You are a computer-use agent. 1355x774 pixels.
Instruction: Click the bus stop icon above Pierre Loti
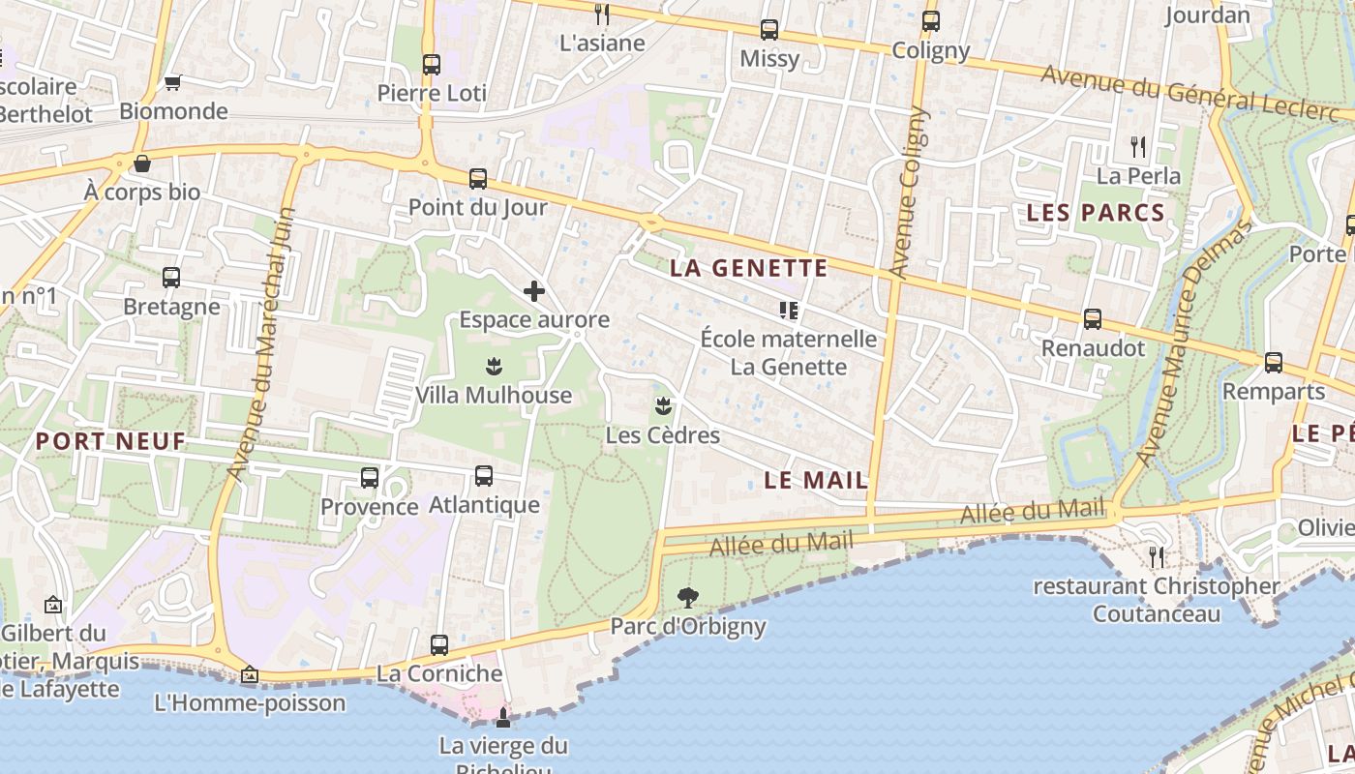[x=432, y=65]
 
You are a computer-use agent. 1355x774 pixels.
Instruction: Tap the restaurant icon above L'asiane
[x=602, y=14]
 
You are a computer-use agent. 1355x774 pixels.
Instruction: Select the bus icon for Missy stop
[x=769, y=30]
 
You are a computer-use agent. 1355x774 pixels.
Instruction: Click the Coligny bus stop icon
[x=931, y=21]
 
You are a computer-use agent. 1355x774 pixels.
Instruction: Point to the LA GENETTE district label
[x=749, y=268]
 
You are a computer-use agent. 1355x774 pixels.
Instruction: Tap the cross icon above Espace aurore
[x=534, y=290]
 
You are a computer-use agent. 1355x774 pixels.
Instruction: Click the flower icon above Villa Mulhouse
[x=494, y=367]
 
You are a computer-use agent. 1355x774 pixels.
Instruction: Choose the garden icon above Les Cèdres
[x=663, y=405]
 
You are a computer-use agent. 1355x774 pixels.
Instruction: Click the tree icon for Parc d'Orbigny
[x=688, y=597]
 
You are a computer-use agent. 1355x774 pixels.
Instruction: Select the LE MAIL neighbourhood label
[x=816, y=480]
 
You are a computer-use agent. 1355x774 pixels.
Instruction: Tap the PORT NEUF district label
[x=110, y=441]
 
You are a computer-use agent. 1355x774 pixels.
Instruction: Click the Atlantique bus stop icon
[x=484, y=476]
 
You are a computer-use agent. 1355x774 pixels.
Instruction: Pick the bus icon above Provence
[x=370, y=478]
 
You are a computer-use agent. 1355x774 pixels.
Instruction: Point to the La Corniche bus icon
[x=439, y=644]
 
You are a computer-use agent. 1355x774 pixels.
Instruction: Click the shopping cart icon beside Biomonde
[x=173, y=83]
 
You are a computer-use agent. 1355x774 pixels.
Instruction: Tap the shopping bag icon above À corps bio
[x=142, y=164]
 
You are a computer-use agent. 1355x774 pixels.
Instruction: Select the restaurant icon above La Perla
[x=1138, y=147]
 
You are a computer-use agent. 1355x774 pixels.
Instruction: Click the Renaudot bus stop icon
[x=1093, y=319]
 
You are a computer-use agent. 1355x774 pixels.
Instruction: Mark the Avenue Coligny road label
[x=907, y=193]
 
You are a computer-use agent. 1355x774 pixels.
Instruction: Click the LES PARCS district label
[x=1096, y=213]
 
